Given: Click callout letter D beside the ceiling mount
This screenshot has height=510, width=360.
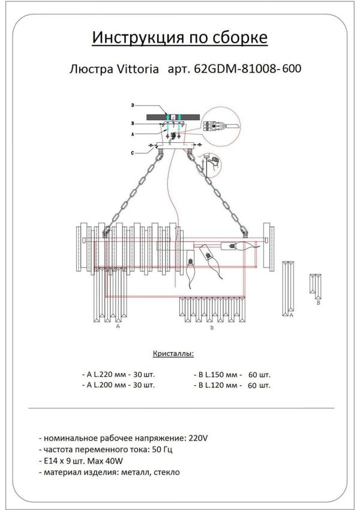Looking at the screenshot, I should (x=133, y=106).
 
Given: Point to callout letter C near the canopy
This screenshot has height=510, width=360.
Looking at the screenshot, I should (x=133, y=152).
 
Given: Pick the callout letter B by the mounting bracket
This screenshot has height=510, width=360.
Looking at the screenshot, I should (x=133, y=122).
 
